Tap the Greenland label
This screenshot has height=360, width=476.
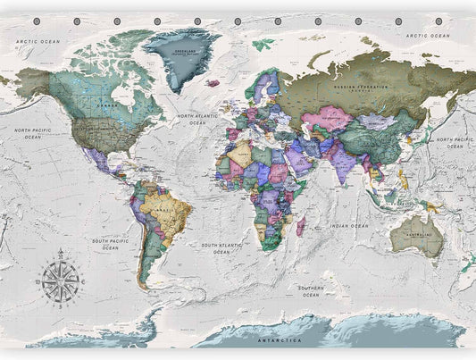(185, 52)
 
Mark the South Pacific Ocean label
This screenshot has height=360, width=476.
(110, 244)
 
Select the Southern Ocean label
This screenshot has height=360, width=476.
(311, 291)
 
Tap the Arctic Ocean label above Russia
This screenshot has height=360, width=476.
(425, 36)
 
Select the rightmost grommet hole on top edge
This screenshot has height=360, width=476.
(438, 21)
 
